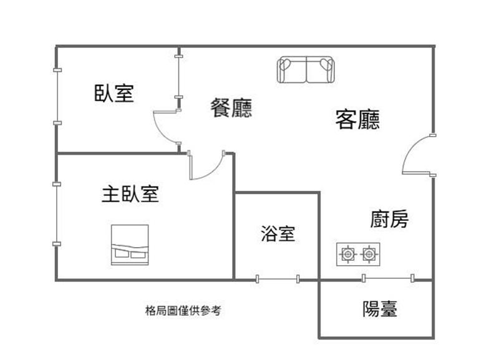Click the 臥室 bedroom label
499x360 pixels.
tap(114, 93)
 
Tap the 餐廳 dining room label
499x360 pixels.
tap(231, 107)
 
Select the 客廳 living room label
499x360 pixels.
tap(357, 119)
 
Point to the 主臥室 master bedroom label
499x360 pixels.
tap(130, 194)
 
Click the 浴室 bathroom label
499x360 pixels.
tap(278, 233)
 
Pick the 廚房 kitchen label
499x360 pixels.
tap(389, 218)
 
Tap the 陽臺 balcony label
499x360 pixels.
tap(380, 308)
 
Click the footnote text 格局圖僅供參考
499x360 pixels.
tap(183, 310)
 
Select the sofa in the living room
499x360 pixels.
tap(306, 70)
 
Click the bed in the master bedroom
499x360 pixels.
tap(130, 245)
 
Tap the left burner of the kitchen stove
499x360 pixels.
tap(347, 254)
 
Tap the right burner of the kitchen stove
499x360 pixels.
tap(369, 254)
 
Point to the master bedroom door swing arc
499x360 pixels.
tap(212, 171)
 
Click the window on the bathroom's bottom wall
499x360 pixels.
tap(278, 279)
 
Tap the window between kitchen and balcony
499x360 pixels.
tap(388, 278)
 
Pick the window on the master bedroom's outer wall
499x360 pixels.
tap(57, 214)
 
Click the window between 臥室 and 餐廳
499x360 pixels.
tap(179, 77)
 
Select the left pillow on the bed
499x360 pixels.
tap(121, 253)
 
